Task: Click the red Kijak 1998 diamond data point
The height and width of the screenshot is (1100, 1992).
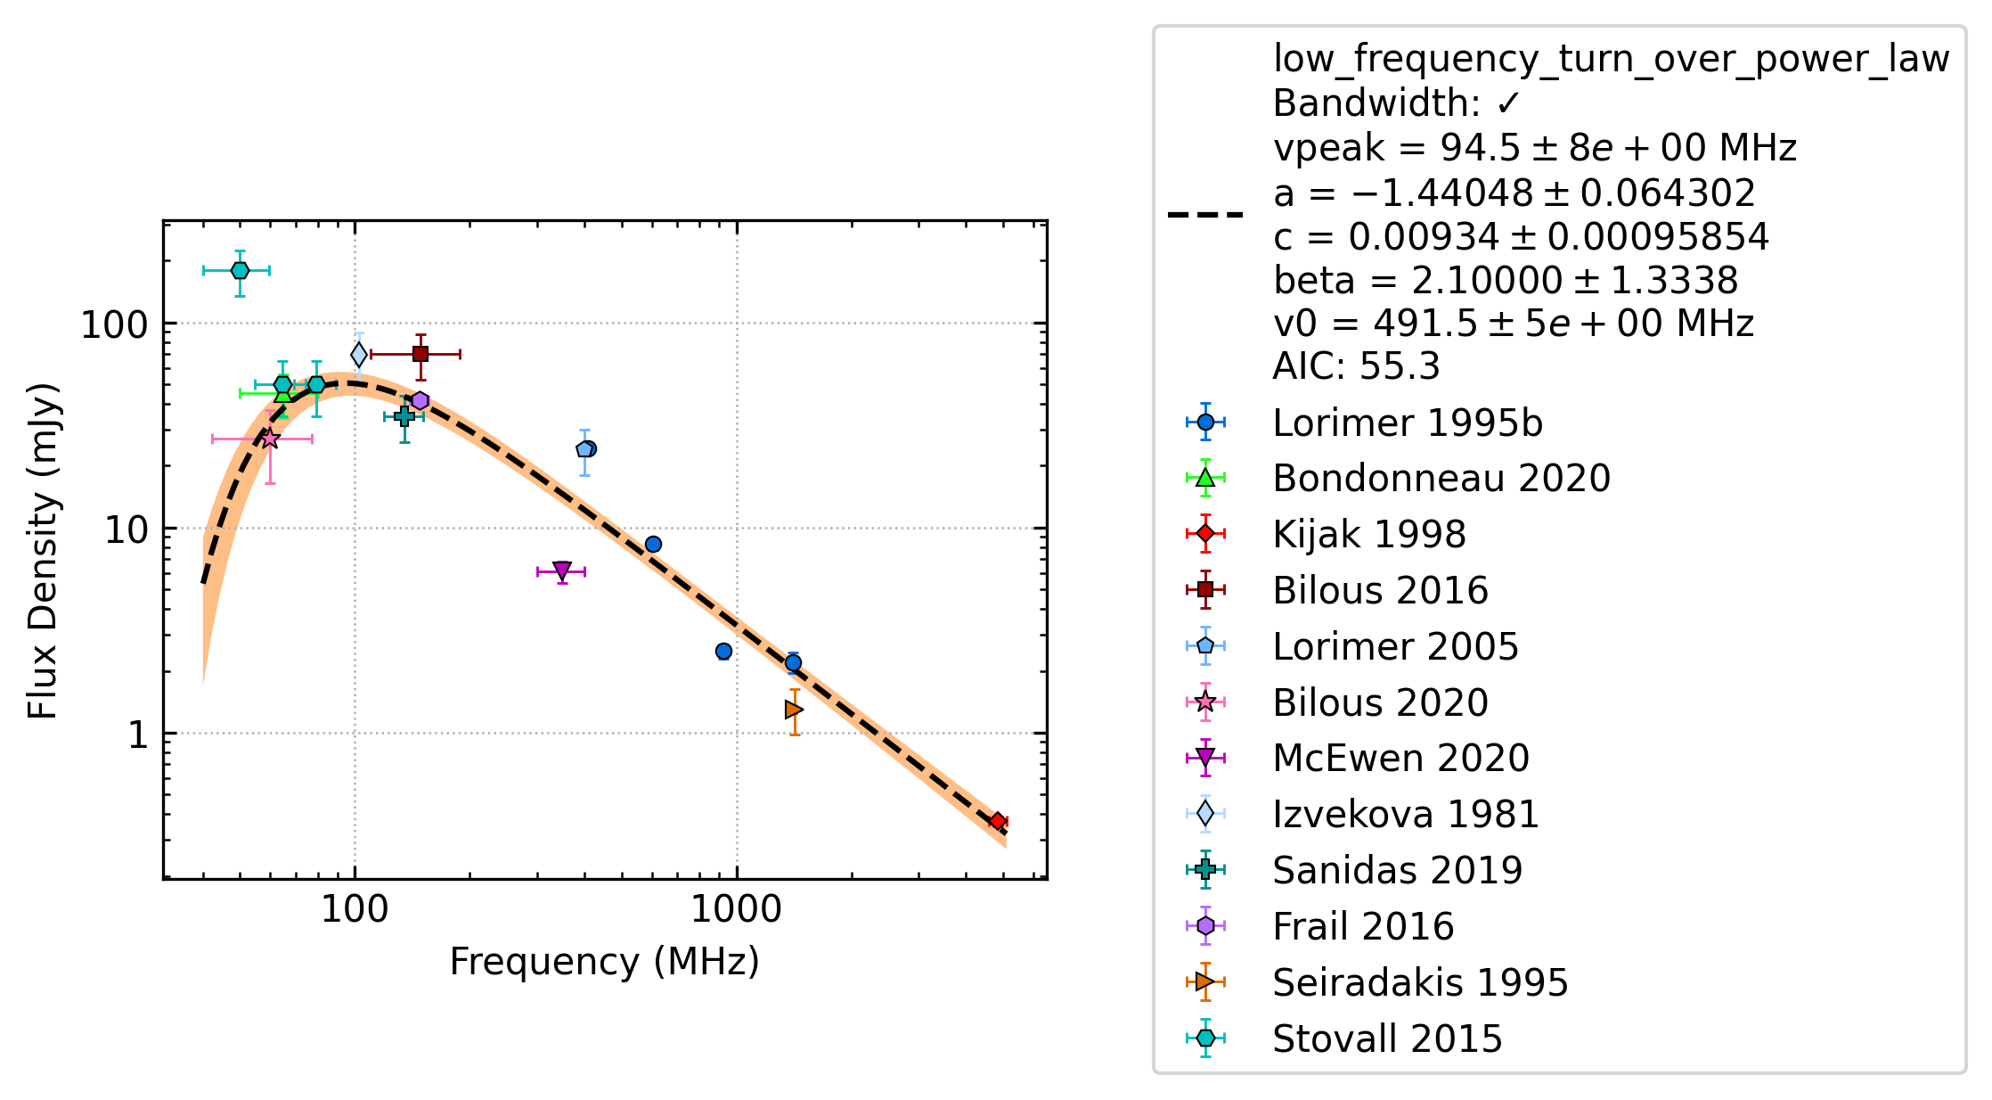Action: (998, 822)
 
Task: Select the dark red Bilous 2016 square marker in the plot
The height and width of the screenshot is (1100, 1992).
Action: (420, 354)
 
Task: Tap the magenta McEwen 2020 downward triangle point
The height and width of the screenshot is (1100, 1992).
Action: (562, 571)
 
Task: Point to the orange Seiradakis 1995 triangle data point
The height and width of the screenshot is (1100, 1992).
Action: (794, 710)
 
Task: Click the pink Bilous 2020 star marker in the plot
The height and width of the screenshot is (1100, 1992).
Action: (270, 439)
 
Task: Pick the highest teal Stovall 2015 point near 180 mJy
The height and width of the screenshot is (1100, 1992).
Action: (240, 270)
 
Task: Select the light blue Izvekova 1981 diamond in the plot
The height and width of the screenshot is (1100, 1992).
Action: (359, 355)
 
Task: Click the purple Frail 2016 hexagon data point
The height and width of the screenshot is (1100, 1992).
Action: (420, 401)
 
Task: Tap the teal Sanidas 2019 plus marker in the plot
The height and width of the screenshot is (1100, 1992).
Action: (404, 416)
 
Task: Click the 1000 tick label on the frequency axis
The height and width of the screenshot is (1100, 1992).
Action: (737, 910)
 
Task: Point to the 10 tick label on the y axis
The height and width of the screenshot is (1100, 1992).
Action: (127, 530)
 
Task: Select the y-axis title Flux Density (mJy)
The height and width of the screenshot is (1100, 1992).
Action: (43, 551)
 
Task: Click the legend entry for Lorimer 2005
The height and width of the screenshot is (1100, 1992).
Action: (1395, 646)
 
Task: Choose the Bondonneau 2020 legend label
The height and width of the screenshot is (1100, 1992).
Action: (1441, 479)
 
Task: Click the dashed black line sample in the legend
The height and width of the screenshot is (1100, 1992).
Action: (1205, 215)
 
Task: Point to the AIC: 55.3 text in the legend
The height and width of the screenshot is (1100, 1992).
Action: (1356, 366)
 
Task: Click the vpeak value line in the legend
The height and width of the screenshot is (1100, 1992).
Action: (1535, 148)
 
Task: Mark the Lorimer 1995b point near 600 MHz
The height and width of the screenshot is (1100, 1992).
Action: (653, 545)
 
